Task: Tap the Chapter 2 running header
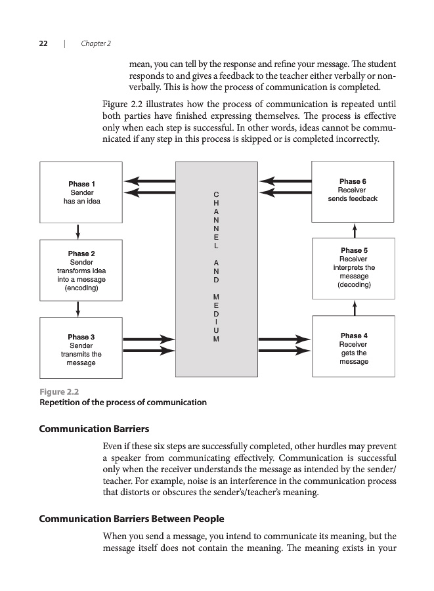click(96, 43)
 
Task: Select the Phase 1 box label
click(81, 184)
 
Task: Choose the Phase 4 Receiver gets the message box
click(354, 348)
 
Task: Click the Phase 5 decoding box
click(354, 268)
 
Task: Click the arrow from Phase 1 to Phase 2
click(78, 232)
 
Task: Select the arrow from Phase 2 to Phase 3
click(78, 308)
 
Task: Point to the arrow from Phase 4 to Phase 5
click(354, 307)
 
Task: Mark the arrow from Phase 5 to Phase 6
click(354, 230)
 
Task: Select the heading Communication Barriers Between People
click(132, 519)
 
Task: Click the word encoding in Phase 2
click(81, 288)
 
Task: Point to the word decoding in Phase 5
click(354, 285)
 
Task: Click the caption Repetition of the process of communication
click(123, 403)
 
